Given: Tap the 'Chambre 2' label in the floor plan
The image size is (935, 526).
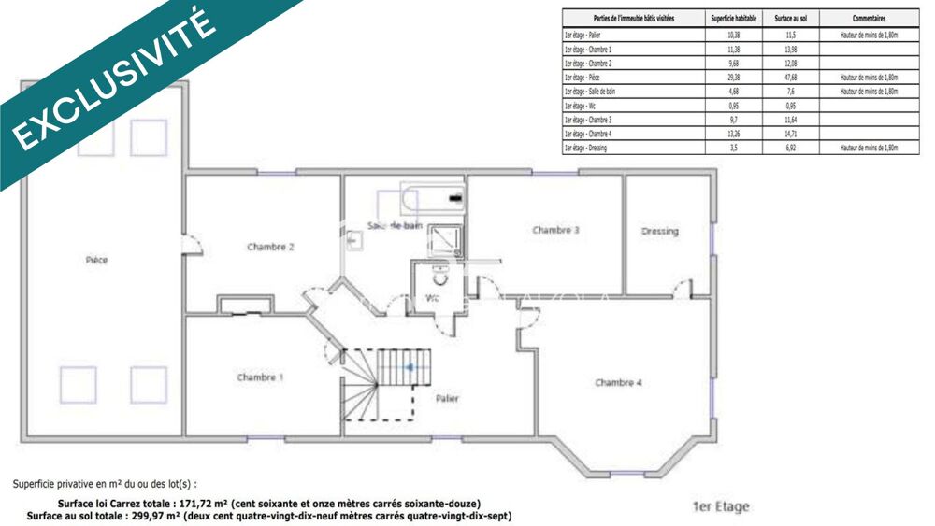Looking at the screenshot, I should coord(271,248).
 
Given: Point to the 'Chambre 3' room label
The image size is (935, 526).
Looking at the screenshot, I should coord(556,230).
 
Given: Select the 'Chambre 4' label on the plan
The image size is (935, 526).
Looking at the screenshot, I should coord(618,382).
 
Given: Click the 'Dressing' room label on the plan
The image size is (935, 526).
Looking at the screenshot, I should coord(660,231).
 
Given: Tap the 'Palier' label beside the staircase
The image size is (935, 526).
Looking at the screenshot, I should coord(448,399).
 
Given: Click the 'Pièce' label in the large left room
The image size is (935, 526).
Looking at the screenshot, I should coord(96,260).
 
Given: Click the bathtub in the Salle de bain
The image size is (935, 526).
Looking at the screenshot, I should coord(432,198).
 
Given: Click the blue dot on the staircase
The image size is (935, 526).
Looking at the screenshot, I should coord(409,367).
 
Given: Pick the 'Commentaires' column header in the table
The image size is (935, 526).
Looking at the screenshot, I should coord(869,18).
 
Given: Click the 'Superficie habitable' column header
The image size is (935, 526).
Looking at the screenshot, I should coord(733,18).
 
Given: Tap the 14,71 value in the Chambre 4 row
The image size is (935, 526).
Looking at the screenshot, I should coord(791,135).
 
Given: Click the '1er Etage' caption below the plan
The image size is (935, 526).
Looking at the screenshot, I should coord(720,507).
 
